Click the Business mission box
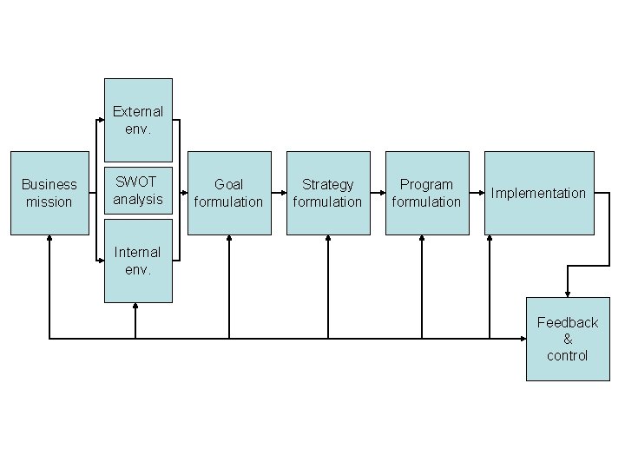49,193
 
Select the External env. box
138,120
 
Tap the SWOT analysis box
138,191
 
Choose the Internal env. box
138,261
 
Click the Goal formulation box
229,193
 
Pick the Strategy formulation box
328,193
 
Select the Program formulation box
427,193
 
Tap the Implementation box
539,193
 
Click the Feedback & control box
568,339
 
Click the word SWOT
137,182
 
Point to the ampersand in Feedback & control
568,339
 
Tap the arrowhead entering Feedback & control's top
568,293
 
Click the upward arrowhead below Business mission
49,241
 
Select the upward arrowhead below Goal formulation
229,241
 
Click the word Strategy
328,184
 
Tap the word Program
427,184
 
